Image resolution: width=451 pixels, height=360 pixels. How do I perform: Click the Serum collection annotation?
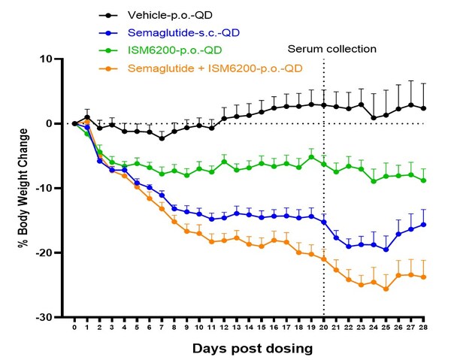[331, 50]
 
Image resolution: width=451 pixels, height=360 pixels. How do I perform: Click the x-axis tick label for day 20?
[324, 328]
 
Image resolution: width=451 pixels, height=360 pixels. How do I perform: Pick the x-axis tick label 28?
[424, 328]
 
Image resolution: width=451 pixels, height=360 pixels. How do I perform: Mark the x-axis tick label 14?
[249, 328]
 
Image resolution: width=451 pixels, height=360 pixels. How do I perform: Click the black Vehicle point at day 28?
[424, 108]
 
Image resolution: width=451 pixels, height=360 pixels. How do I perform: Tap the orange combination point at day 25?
[386, 289]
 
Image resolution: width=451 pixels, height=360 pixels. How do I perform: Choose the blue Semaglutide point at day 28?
[424, 224]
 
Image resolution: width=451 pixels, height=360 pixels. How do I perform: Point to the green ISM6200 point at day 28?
[424, 180]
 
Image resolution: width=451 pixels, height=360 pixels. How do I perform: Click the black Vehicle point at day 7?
[162, 138]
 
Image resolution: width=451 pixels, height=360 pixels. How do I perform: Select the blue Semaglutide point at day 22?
[349, 246]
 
